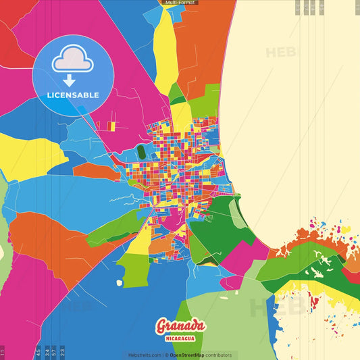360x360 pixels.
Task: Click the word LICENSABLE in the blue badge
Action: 73,95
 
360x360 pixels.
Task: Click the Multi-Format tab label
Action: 180,3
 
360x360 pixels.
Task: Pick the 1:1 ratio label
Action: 3,352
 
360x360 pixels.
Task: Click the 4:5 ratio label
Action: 38,352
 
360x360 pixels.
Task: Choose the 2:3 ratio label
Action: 62,352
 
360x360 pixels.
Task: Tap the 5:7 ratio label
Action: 54,352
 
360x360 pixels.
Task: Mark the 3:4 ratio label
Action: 46,352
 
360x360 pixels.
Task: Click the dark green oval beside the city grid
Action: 140,153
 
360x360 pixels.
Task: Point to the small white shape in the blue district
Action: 120,282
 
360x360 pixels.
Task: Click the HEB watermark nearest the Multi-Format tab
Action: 279,53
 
